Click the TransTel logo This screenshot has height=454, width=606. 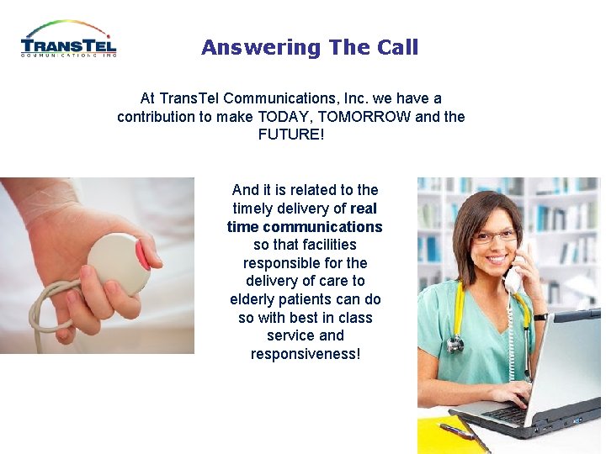pos(69,40)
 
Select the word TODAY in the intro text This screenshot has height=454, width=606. pos(285,116)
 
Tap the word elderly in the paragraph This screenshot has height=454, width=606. pos(255,299)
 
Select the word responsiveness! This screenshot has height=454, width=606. pos(305,354)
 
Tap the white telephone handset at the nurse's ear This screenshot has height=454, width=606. pos(514,278)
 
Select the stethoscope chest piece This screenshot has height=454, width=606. pos(455,345)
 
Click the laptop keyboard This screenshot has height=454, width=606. pos(513,413)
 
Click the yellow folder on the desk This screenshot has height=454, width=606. pos(446,437)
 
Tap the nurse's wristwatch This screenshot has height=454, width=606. pos(540,317)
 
